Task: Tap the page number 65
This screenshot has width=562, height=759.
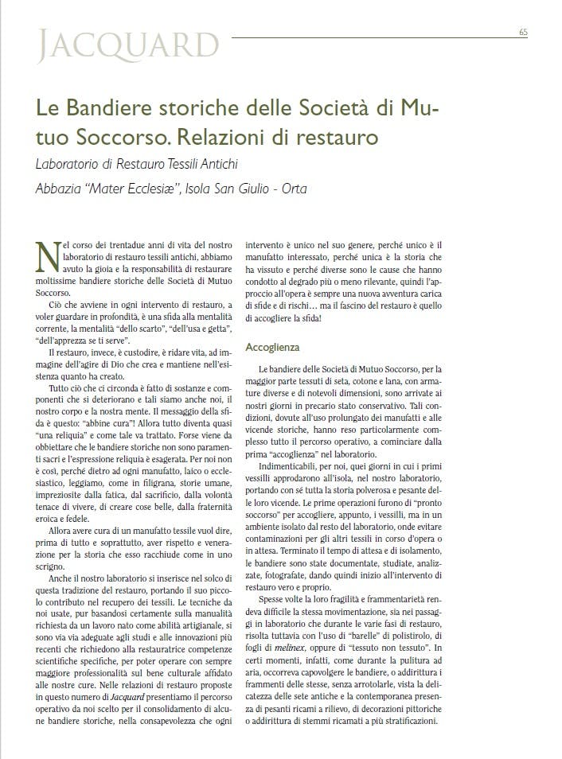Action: [523, 32]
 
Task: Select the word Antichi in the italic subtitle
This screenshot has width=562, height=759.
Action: [218, 165]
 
